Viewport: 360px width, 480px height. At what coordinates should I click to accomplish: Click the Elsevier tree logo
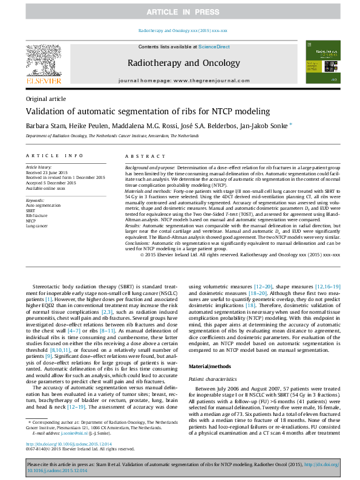[x=43, y=60]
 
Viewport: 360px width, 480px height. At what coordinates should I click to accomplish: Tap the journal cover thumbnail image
[x=319, y=62]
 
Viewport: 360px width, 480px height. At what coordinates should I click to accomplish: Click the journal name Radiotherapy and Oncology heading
[x=179, y=63]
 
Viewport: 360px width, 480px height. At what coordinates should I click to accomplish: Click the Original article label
[x=46, y=99]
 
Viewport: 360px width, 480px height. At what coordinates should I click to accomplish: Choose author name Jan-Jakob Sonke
[x=257, y=126]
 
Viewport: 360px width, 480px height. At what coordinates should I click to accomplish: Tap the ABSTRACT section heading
[x=140, y=155]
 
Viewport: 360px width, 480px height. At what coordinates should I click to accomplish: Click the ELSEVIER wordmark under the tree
[x=43, y=80]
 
